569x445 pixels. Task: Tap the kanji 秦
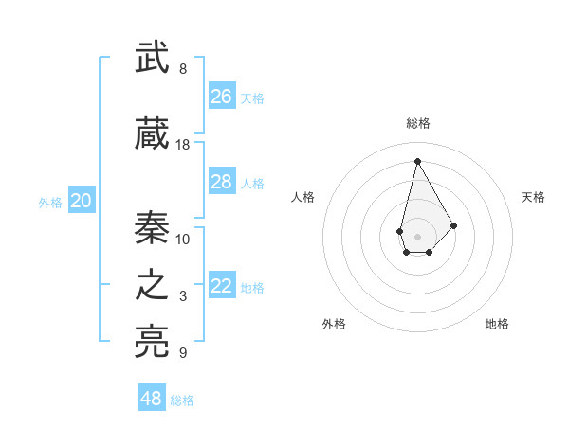(152, 227)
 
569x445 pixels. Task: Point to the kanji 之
(152, 286)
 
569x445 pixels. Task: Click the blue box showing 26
(222, 97)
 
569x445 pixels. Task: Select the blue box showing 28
(222, 182)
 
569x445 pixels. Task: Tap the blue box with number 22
(222, 286)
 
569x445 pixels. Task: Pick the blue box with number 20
(82, 201)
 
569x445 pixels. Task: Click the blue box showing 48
(152, 399)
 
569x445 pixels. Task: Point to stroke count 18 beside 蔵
(183, 145)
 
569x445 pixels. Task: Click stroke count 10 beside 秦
(183, 238)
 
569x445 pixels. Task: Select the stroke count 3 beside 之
(183, 296)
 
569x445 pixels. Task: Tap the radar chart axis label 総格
(417, 123)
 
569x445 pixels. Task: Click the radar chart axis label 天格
(534, 197)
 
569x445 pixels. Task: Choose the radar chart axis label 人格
(303, 197)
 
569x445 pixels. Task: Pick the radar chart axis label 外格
(334, 324)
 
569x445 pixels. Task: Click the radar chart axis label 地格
(497, 324)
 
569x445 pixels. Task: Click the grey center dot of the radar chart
(417, 235)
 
